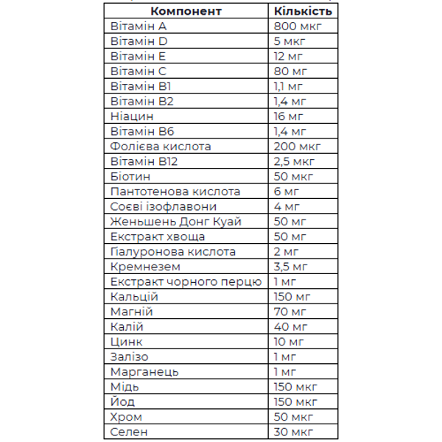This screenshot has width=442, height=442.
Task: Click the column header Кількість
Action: coord(302,11)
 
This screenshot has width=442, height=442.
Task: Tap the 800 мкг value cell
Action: coord(297,26)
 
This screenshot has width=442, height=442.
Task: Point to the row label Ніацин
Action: coord(132,116)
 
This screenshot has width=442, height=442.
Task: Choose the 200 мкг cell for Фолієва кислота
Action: coord(297,147)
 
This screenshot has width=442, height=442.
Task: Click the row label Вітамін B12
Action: coord(144,161)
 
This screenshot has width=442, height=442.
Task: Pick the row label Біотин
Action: coord(130,177)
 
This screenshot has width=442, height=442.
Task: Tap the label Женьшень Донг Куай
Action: coord(176,222)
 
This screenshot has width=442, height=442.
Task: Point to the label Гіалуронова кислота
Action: coord(172,252)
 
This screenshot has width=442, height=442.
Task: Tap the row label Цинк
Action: coord(127,342)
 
